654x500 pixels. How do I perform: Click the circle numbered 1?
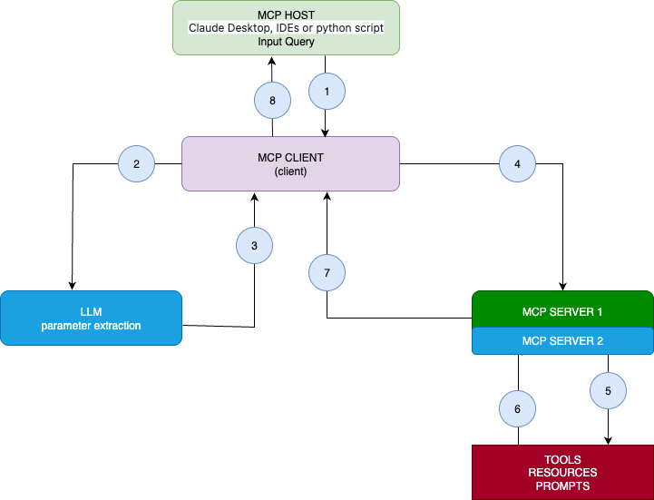coord(327,92)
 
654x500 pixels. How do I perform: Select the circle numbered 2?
coord(137,164)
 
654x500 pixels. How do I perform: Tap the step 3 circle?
coord(255,246)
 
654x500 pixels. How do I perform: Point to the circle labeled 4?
coord(518,164)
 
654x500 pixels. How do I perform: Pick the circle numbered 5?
coord(609,391)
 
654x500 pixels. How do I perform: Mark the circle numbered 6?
coord(518,409)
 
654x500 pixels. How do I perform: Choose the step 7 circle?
coord(327,271)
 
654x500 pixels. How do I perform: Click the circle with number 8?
coord(273,101)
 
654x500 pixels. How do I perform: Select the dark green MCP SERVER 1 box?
coord(562,311)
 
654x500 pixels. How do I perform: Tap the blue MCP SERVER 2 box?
coord(562,341)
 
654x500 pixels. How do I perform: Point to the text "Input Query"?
coord(286,42)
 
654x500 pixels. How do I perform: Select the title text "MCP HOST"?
coord(286,15)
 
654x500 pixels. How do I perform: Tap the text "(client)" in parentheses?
coord(290,171)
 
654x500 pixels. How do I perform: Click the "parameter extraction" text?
coord(91,326)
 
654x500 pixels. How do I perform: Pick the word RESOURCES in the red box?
coord(562,473)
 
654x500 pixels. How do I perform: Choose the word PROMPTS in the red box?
coord(562,486)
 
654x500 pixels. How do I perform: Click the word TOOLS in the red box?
coord(562,459)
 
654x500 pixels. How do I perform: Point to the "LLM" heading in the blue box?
coord(91,312)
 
